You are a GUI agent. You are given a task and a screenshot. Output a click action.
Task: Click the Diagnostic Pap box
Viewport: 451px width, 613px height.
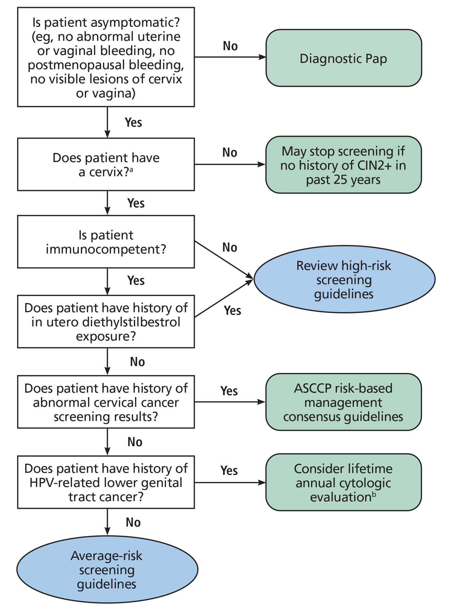pyautogui.click(x=343, y=58)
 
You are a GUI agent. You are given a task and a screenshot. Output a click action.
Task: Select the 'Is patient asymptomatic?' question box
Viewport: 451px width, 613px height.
pyautogui.click(x=106, y=57)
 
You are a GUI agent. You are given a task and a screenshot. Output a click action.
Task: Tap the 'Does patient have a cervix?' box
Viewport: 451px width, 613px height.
pyautogui.click(x=106, y=164)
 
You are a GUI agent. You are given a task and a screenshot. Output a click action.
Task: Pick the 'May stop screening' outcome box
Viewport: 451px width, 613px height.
pyautogui.click(x=343, y=165)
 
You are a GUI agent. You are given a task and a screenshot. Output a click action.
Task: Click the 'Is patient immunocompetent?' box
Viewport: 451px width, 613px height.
pyautogui.click(x=106, y=242)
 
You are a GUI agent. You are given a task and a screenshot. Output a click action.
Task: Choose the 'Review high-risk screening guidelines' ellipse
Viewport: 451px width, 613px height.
pyautogui.click(x=344, y=279)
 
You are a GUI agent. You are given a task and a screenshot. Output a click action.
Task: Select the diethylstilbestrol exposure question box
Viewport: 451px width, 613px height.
pyautogui.click(x=106, y=322)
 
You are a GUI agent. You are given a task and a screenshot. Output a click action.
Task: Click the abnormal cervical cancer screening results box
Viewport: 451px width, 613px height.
pyautogui.click(x=106, y=402)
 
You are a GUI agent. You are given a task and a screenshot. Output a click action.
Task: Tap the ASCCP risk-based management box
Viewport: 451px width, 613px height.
pyautogui.click(x=343, y=402)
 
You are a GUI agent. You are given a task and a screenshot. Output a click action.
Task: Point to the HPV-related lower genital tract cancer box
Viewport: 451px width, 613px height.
pyautogui.click(x=106, y=483)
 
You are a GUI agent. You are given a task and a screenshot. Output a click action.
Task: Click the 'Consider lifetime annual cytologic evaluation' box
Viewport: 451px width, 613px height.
pyautogui.click(x=343, y=483)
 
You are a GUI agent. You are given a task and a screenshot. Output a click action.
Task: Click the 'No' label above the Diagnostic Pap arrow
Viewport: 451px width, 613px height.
pyautogui.click(x=230, y=46)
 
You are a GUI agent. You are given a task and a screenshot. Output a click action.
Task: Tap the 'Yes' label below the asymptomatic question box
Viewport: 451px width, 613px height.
pyautogui.click(x=133, y=123)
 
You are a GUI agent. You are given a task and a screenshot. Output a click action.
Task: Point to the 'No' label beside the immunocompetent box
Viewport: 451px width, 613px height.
pyautogui.click(x=230, y=247)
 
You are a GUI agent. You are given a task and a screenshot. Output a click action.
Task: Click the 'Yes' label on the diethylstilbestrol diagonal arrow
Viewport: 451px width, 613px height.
pyautogui.click(x=232, y=311)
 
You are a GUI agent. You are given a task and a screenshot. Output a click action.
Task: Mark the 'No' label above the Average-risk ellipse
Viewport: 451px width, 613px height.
pyautogui.click(x=133, y=522)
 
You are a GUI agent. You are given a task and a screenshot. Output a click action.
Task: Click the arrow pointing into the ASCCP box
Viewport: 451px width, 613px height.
pyautogui.click(x=230, y=402)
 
